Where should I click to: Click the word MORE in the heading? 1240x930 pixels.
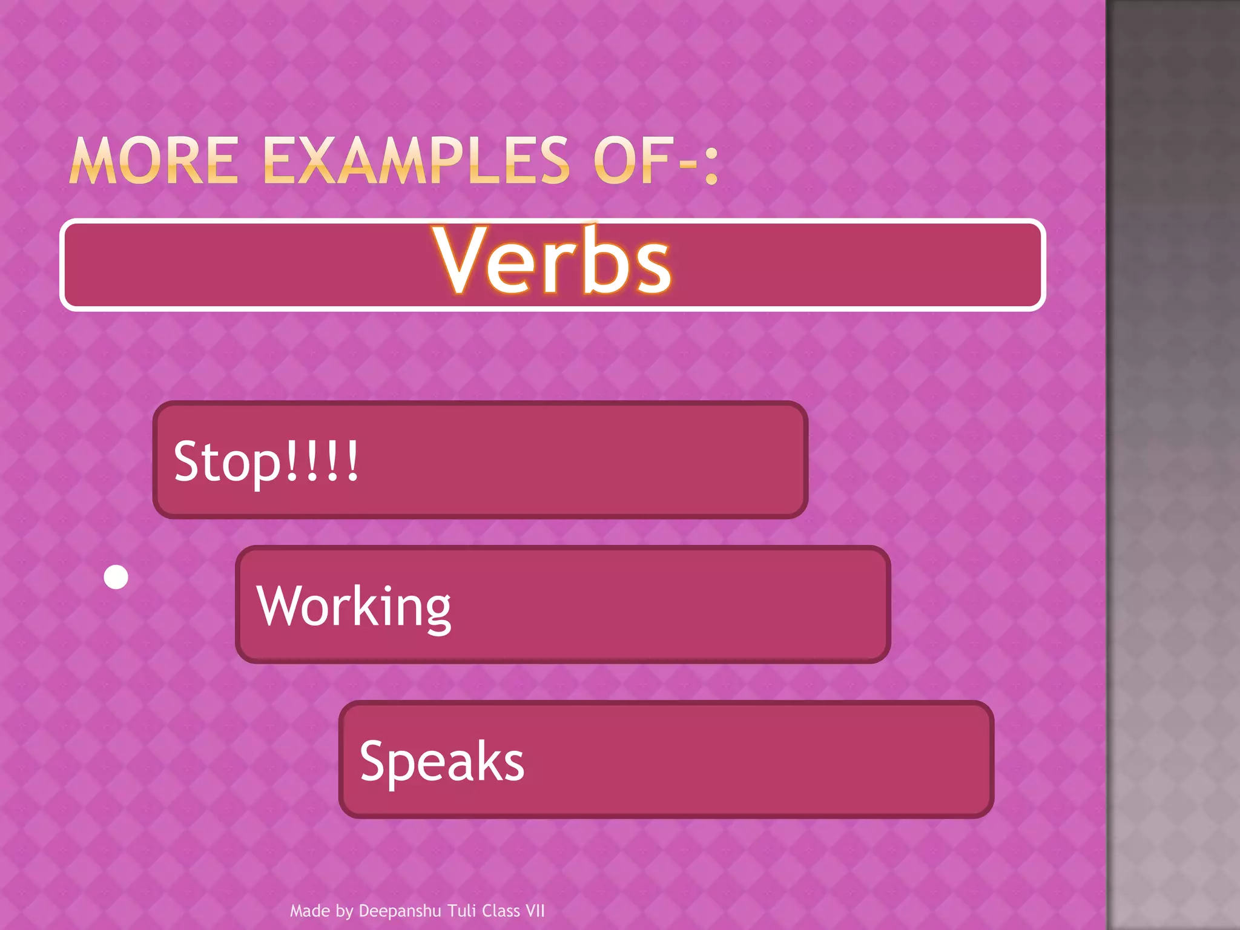(x=154, y=160)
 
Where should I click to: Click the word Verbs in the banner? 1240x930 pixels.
(x=552, y=260)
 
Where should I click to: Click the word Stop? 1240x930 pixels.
(x=227, y=461)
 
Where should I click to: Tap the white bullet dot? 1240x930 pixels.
(x=116, y=577)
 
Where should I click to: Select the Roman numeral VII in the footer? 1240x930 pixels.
(x=535, y=911)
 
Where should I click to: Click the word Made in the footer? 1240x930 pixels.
(x=309, y=911)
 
